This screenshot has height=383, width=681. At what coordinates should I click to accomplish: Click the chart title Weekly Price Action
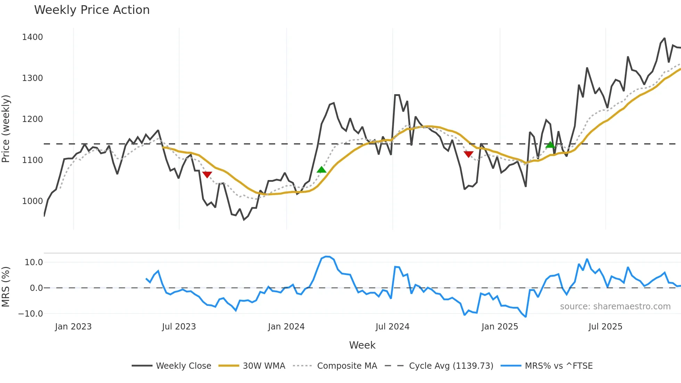(x=92, y=10)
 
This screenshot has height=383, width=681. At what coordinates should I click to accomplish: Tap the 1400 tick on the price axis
(x=32, y=37)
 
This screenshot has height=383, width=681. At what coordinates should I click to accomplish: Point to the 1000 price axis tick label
(x=32, y=201)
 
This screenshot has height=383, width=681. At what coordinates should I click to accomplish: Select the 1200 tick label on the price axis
(x=32, y=119)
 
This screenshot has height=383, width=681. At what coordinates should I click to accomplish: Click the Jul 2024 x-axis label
(x=392, y=327)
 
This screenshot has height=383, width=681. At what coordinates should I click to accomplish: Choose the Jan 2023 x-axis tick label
(x=73, y=327)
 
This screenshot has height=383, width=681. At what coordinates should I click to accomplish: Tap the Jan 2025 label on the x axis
(x=500, y=327)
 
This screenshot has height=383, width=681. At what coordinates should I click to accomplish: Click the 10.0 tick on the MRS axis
(x=34, y=262)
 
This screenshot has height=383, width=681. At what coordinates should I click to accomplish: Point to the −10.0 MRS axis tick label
(x=31, y=314)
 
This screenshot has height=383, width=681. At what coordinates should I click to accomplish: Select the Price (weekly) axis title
(x=6, y=129)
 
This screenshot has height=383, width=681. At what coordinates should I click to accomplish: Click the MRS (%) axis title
(x=6, y=287)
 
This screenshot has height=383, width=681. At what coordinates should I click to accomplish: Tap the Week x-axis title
(x=362, y=345)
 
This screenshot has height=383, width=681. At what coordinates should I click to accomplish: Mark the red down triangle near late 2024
(x=468, y=154)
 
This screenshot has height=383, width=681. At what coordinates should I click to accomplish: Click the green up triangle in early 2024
(x=321, y=170)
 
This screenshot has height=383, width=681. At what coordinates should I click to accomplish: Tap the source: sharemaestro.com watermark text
(x=615, y=307)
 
